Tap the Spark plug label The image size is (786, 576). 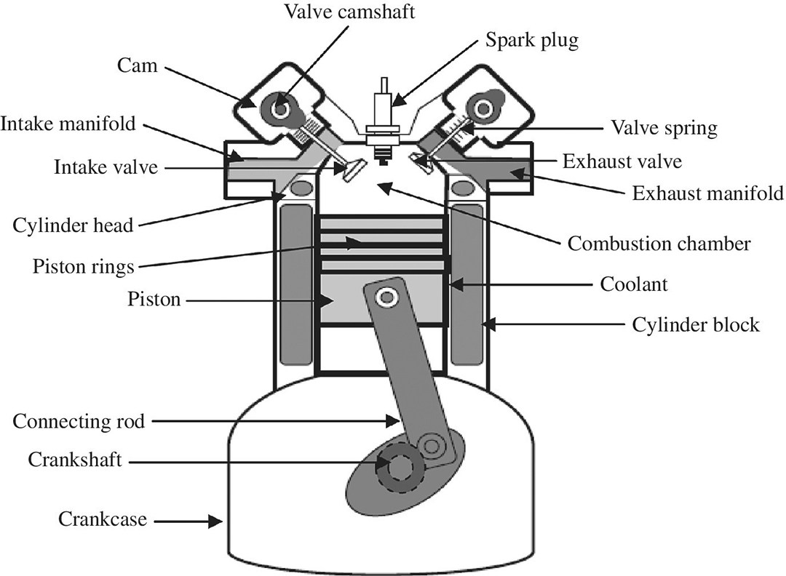532,39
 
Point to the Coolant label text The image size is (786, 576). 633,284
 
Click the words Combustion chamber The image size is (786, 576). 659,243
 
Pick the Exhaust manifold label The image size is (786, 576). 707,193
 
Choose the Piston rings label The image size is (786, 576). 83,266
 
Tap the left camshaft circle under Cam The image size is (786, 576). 279,108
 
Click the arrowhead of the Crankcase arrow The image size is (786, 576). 216,521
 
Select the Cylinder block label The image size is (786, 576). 696,324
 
